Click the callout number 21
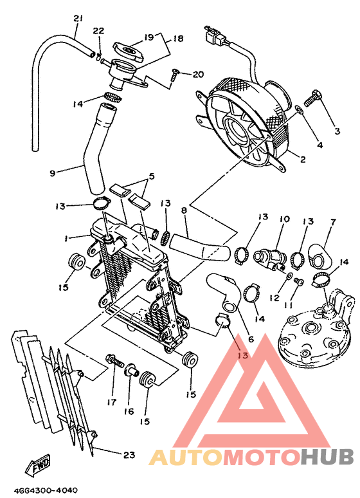coord(78,17)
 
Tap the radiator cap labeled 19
coord(127,49)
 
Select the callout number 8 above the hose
coord(184,210)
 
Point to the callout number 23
coord(129,455)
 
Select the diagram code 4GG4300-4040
coord(40,490)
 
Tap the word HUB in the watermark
coord(327,457)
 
